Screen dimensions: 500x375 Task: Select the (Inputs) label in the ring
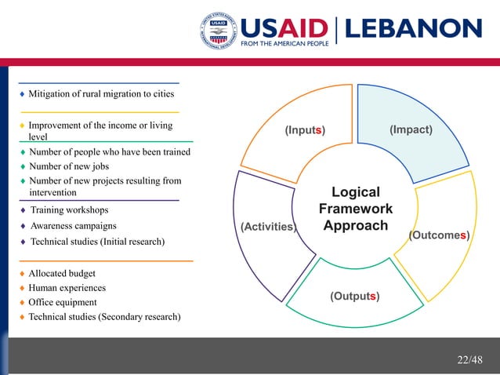pyautogui.click(x=305, y=129)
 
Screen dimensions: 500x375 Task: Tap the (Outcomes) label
pyautogui.click(x=439, y=235)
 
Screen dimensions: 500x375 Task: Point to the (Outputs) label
pyautogui.click(x=355, y=296)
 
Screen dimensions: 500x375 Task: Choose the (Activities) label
pyautogui.click(x=268, y=227)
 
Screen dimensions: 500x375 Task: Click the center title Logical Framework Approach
pyautogui.click(x=356, y=209)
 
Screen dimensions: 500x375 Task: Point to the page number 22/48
pyautogui.click(x=470, y=359)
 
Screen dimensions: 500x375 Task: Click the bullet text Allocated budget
pyautogui.click(x=62, y=273)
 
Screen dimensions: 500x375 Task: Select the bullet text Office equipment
pyautogui.click(x=63, y=302)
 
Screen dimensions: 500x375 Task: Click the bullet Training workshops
pyautogui.click(x=69, y=210)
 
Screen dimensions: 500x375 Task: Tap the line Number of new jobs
pyautogui.click(x=69, y=166)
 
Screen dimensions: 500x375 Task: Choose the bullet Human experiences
pyautogui.click(x=67, y=288)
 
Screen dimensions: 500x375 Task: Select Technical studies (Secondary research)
pyautogui.click(x=104, y=317)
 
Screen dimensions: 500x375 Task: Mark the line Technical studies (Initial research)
pyautogui.click(x=97, y=242)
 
